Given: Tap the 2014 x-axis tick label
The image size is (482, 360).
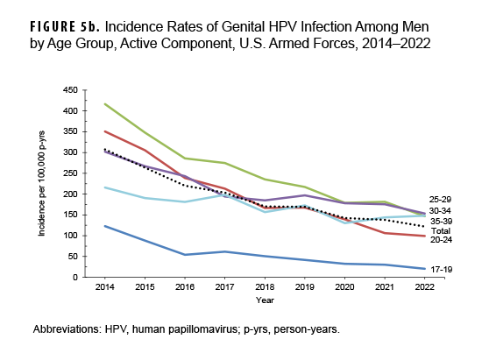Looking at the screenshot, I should tap(106, 286).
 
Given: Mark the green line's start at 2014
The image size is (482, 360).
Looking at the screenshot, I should tap(106, 104).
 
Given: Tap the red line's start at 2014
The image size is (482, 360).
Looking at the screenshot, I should tap(106, 131).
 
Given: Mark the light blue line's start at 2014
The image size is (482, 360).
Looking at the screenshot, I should tap(106, 187).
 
